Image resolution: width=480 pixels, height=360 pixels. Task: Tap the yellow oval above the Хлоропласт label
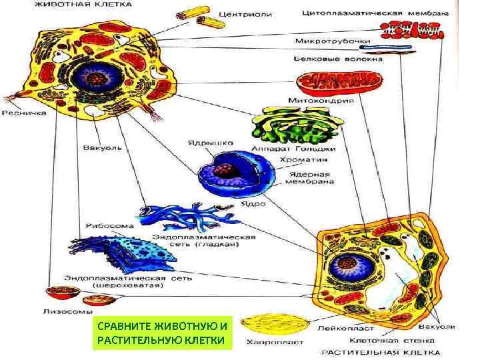[273, 323]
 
